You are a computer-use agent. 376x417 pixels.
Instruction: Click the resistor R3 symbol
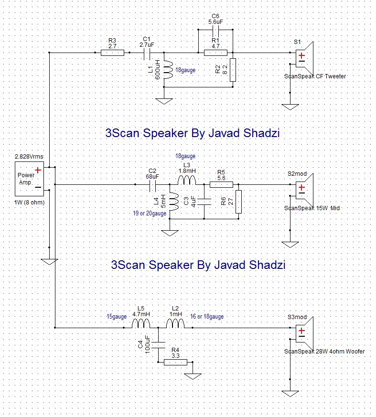coord(113,53)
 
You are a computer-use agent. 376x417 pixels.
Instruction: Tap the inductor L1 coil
coord(168,70)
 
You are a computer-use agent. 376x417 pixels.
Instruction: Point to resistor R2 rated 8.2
coord(233,70)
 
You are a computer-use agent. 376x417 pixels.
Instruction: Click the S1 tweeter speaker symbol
coord(305,58)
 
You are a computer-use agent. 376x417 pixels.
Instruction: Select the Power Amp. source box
coord(30,178)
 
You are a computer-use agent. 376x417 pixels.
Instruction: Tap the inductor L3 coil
coord(186,181)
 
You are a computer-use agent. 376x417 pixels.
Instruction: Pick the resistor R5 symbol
coord(221,184)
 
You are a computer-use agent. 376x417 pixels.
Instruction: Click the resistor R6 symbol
coord(239,202)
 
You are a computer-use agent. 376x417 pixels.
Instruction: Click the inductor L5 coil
coord(140,325)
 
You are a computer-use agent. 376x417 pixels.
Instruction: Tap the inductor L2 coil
coord(175,325)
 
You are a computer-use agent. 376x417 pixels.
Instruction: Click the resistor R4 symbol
coord(175,362)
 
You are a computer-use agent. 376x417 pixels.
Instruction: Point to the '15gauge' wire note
coord(117,316)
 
